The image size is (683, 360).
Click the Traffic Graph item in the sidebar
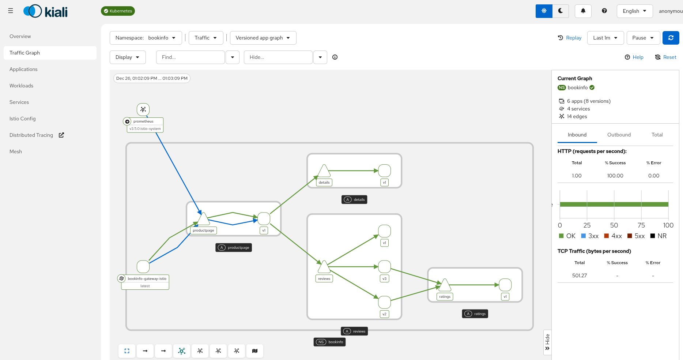(x=25, y=53)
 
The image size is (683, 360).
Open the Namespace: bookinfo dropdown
(x=146, y=38)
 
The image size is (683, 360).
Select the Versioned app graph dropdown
(x=263, y=38)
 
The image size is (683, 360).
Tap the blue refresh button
(x=671, y=38)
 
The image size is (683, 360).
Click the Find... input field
(x=190, y=57)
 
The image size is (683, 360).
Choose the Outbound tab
(x=619, y=135)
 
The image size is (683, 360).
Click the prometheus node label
(x=143, y=121)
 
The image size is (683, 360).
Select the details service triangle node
(x=324, y=171)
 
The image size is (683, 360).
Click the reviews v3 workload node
(x=384, y=267)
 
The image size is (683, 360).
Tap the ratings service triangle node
(x=445, y=285)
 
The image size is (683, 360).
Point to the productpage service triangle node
(x=203, y=219)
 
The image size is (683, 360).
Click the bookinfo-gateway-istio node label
(x=147, y=279)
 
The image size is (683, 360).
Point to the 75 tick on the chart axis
(x=641, y=225)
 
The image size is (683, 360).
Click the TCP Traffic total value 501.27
(x=579, y=275)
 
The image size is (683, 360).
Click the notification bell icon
(x=583, y=11)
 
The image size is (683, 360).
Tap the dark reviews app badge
(x=355, y=331)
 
